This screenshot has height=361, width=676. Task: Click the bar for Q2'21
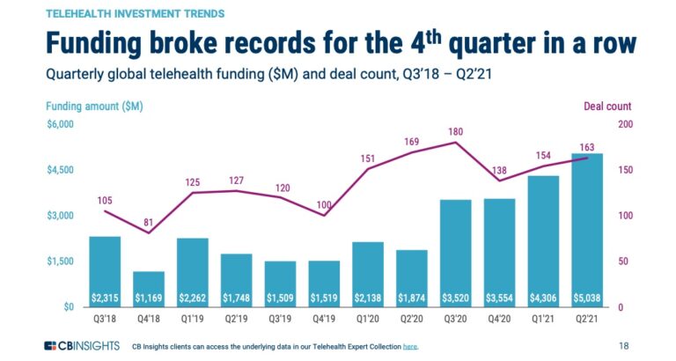coord(587,230)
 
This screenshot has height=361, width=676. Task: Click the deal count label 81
coord(149,222)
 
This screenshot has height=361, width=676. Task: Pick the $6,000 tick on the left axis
coord(61,124)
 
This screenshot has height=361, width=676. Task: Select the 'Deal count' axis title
coord(607,107)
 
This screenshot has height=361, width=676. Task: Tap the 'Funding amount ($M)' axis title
coord(96,107)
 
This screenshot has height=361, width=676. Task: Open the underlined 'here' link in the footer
coord(410,347)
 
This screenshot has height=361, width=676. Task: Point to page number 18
coord(623,346)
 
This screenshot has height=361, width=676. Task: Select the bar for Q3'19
coord(281,284)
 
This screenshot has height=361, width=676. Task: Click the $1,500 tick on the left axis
coord(61,262)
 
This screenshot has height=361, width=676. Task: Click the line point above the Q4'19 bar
coord(324,215)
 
